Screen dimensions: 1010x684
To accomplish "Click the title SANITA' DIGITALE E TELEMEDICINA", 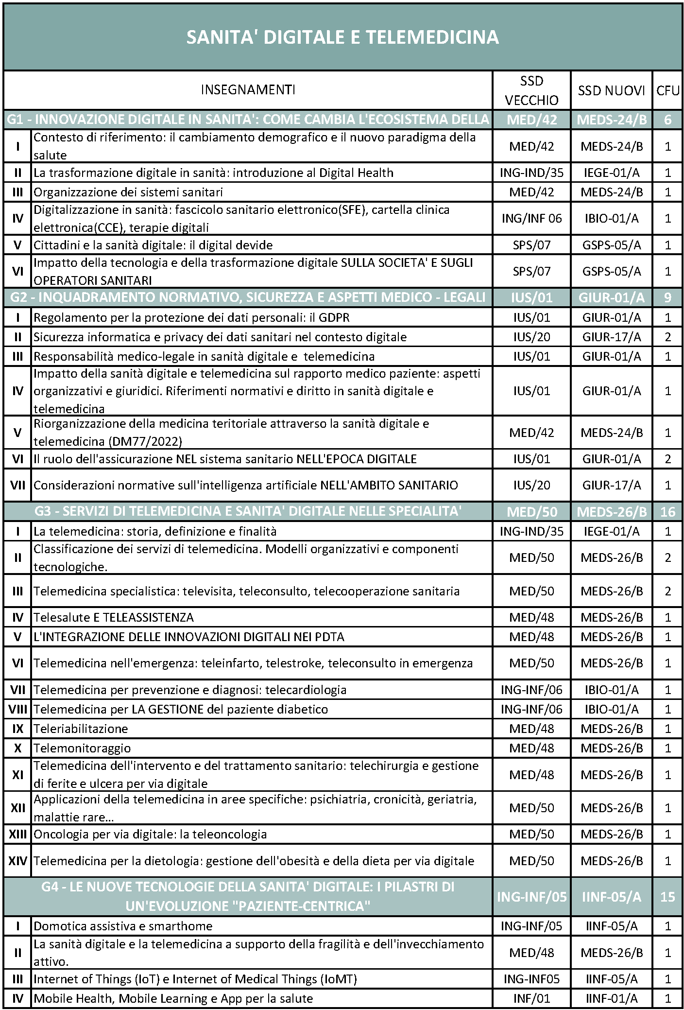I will pyautogui.click(x=342, y=37).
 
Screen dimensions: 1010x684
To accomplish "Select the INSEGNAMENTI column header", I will pyautogui.click(x=248, y=90).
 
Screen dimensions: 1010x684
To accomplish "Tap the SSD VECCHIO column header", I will pyautogui.click(x=531, y=90).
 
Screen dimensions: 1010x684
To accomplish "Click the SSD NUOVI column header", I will pyautogui.click(x=611, y=90).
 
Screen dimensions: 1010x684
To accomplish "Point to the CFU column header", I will pyautogui.click(x=667, y=90).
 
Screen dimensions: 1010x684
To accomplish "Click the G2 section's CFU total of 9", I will pyautogui.click(x=667, y=297).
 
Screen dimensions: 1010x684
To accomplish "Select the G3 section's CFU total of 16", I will pyautogui.click(x=667, y=512).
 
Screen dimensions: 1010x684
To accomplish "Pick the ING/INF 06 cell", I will pyautogui.click(x=531, y=219).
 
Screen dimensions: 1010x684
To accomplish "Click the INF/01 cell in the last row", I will pyautogui.click(x=531, y=998).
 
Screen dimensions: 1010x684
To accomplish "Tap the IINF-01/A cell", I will pyautogui.click(x=611, y=998).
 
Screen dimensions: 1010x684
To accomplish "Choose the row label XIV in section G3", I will pyautogui.click(x=17, y=861).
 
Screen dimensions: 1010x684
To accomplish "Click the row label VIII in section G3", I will pyautogui.click(x=17, y=709).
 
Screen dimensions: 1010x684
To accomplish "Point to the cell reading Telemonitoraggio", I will pyautogui.click(x=82, y=748).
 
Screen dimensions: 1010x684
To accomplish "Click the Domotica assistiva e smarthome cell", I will pyautogui.click(x=123, y=926).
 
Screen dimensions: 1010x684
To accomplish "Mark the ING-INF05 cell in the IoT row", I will pyautogui.click(x=531, y=979).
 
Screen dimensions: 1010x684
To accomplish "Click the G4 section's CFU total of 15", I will pyautogui.click(x=667, y=897).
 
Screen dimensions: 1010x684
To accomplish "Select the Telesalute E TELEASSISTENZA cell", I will pyautogui.click(x=113, y=617).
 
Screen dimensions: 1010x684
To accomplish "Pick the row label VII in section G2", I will pyautogui.click(x=17, y=485).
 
